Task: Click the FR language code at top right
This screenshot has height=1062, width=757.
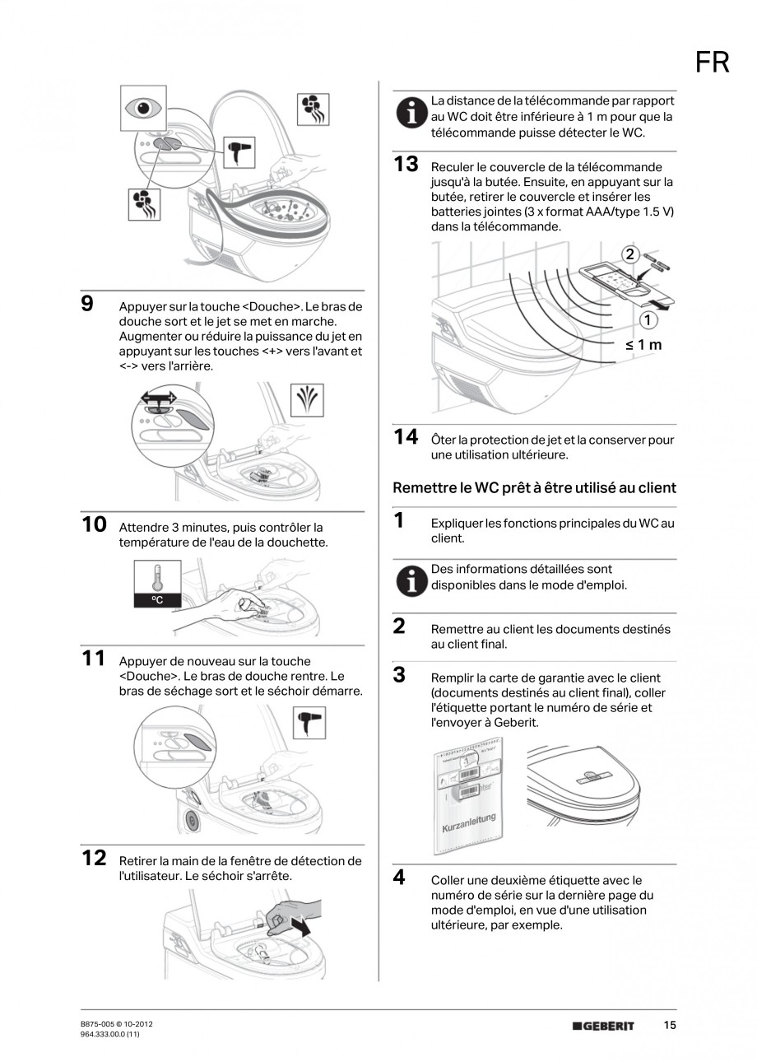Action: pyautogui.click(x=712, y=62)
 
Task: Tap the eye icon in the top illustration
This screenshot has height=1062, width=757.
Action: pyautogui.click(x=145, y=107)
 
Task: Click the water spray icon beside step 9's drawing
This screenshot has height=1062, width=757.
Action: pyautogui.click(x=309, y=401)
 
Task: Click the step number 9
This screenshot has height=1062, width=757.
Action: pyautogui.click(x=88, y=304)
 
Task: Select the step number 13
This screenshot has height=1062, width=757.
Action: pyautogui.click(x=406, y=164)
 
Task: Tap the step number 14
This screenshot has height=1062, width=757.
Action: pyautogui.click(x=406, y=437)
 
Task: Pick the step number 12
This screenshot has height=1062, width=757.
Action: pyautogui.click(x=94, y=858)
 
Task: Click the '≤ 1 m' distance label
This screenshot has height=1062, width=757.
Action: pyautogui.click(x=643, y=344)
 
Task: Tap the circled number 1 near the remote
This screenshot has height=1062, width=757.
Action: pyautogui.click(x=649, y=319)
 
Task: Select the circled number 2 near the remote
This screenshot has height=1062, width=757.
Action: pyautogui.click(x=629, y=254)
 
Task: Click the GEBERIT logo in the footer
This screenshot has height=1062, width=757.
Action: pyautogui.click(x=603, y=1026)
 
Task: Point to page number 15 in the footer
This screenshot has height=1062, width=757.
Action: pyautogui.click(x=670, y=1025)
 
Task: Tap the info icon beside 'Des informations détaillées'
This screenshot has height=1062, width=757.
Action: pyautogui.click(x=411, y=580)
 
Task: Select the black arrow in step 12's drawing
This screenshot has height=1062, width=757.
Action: pyautogui.click(x=300, y=926)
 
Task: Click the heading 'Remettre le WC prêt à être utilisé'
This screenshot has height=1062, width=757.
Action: pyautogui.click(x=534, y=487)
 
